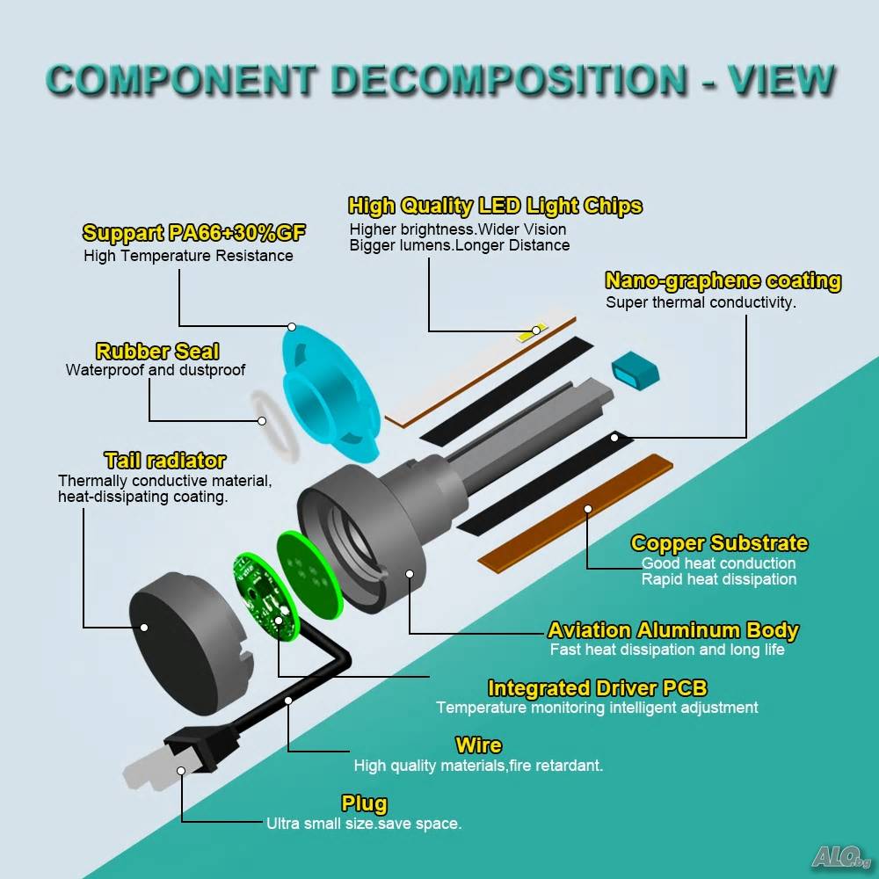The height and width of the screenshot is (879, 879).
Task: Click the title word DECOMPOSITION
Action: [508, 80]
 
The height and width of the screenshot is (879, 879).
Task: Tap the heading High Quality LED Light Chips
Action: [495, 206]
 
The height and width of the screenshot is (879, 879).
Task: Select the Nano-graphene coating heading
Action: [723, 280]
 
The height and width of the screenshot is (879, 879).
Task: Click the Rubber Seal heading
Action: [157, 352]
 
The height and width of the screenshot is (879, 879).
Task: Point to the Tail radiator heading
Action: [165, 461]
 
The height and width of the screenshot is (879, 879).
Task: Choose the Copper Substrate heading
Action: [719, 542]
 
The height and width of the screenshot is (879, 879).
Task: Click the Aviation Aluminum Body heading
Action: [673, 630]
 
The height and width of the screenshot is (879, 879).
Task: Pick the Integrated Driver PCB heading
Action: [598, 688]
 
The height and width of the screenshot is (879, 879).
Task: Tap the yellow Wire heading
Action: [479, 745]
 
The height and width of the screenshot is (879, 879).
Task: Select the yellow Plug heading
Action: [365, 804]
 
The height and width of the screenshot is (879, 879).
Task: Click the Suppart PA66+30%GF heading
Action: [194, 233]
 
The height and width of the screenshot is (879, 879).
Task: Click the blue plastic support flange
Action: [330, 392]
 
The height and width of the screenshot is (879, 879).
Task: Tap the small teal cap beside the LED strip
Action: [636, 371]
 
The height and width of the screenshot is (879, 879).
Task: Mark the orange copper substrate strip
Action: [575, 513]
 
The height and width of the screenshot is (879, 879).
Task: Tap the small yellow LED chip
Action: [532, 332]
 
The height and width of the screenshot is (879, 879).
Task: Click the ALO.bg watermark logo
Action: [841, 856]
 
